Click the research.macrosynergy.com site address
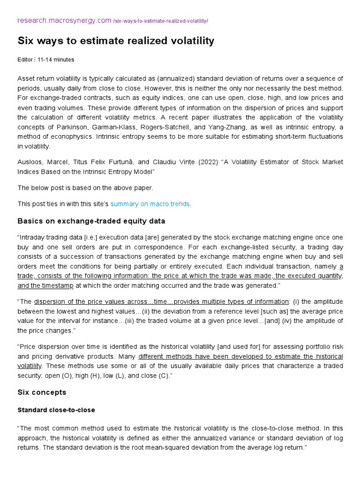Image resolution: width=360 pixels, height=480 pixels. (x=64, y=21)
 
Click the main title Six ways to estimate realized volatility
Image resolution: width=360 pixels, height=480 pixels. (x=116, y=41)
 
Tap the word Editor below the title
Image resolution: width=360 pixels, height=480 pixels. (x=25, y=60)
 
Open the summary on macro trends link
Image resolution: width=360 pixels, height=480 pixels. (x=150, y=204)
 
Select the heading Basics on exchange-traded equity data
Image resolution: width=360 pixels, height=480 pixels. (x=91, y=221)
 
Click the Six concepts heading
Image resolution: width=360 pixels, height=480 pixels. (x=42, y=392)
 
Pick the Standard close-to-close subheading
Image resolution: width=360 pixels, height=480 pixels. (x=56, y=410)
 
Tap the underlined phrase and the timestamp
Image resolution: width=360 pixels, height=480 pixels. (x=45, y=285)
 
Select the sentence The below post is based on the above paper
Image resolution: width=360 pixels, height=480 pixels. (x=85, y=188)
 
